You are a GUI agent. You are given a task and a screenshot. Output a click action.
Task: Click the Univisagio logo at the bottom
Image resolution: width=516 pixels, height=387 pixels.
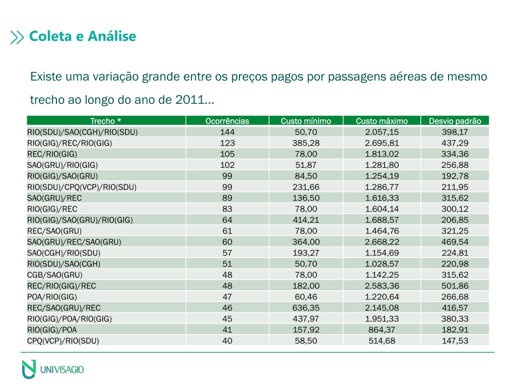tap(52, 369)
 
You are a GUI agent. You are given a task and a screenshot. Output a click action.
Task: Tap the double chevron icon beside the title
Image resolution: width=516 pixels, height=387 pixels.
tap(17, 37)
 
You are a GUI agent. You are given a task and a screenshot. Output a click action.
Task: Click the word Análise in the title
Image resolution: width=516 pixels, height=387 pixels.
tap(112, 36)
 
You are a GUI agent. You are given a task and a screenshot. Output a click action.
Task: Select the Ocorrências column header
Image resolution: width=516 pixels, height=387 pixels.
tap(227, 121)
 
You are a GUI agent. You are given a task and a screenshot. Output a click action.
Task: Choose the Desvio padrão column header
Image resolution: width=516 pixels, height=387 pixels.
tap(455, 121)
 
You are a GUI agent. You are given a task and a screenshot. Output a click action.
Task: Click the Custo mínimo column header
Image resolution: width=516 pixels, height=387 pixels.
tap(306, 121)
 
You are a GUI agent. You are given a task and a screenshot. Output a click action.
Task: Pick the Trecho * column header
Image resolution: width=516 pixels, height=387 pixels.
tap(106, 121)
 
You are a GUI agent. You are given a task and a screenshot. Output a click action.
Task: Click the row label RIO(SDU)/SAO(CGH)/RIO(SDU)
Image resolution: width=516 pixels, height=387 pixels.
tap(82, 132)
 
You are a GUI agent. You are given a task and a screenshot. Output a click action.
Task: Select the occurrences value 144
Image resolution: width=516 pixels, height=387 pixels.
tap(227, 132)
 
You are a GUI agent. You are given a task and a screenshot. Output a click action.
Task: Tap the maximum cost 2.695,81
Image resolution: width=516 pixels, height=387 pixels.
tap(382, 143)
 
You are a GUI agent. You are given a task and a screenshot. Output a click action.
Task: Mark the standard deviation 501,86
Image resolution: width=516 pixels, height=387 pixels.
tap(455, 286)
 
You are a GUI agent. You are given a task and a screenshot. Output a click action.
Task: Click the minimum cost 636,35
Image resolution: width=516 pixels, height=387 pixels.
tap(306, 308)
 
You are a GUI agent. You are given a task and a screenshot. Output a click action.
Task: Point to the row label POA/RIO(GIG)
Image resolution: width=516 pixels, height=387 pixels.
tap(52, 297)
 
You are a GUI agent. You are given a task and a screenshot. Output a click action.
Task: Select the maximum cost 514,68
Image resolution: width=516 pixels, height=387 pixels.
tap(382, 341)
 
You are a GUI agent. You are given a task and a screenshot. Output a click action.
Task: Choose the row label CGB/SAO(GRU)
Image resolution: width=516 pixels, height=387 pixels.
tap(54, 275)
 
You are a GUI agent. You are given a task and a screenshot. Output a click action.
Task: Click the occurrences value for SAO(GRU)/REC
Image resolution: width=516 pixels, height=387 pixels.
tap(227, 198)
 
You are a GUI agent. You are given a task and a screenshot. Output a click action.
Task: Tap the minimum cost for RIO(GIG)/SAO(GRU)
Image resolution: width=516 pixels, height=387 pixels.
tap(306, 176)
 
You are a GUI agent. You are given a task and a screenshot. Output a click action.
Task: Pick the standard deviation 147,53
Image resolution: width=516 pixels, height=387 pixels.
tap(455, 341)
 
